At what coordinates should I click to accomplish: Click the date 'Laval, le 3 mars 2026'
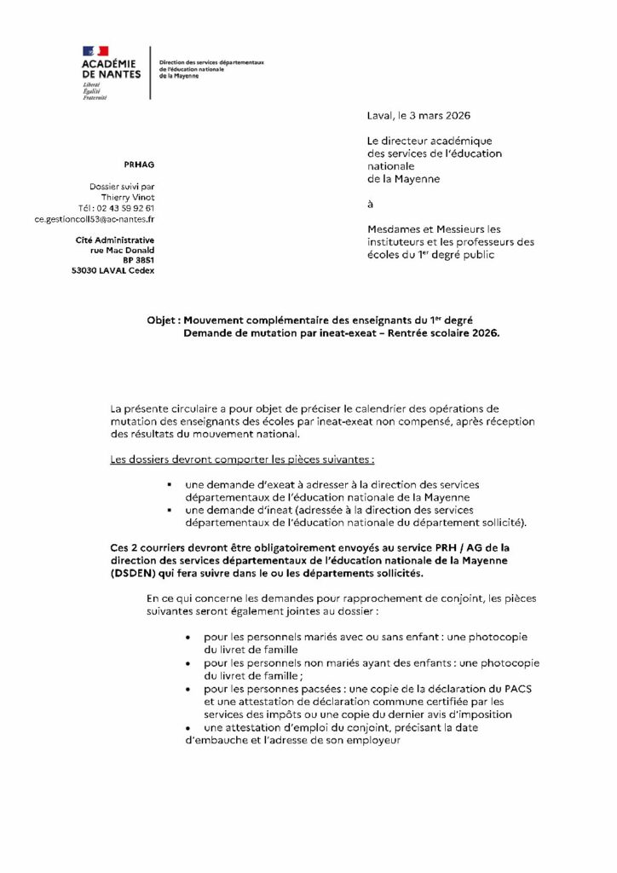pos(418,115)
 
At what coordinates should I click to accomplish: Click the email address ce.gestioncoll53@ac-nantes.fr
pos(95,219)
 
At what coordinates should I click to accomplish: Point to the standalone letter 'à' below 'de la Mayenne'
pos(371,204)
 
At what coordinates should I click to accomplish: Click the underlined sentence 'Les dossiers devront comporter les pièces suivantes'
pos(242,460)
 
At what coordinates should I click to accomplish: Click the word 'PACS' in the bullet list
pos(514,688)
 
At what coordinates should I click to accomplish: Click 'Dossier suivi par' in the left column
pos(122,187)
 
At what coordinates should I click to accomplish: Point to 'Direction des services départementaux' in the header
pos(212,62)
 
